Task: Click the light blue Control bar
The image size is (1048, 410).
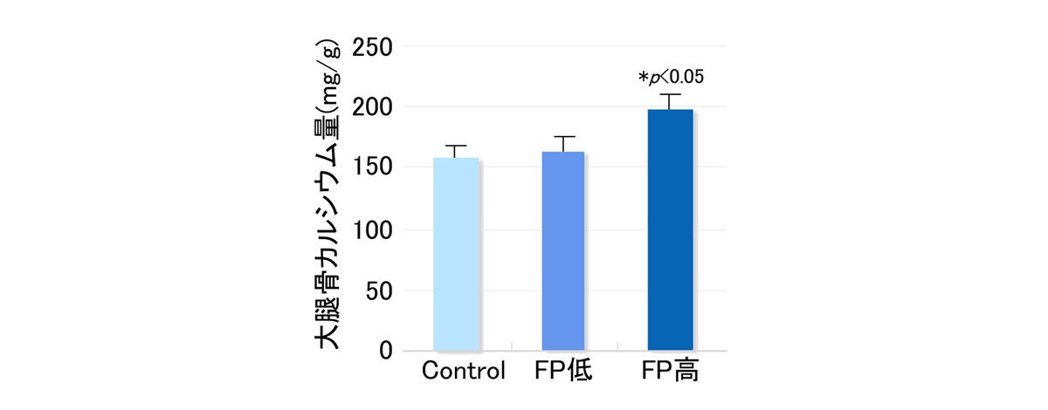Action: pos(456,255)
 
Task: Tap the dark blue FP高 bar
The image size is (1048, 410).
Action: pos(670,231)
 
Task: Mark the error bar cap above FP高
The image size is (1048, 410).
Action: pos(670,94)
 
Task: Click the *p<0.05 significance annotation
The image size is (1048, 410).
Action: pos(671,77)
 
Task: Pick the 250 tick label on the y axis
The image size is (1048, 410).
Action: pos(371,47)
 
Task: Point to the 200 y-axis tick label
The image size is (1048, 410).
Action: pos(371,108)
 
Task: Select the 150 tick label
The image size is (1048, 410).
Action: pos(371,168)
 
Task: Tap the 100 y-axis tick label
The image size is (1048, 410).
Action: pos(371,230)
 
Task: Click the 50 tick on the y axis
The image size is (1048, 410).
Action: pos(378,290)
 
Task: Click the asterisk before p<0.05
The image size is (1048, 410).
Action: pos(643,78)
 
